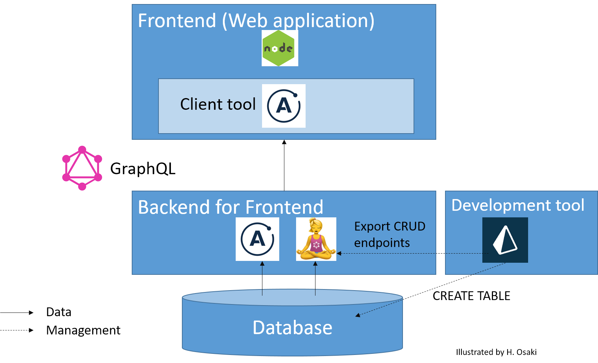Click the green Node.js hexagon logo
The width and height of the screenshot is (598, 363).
tap(280, 48)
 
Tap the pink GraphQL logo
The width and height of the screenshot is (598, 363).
tap(82, 168)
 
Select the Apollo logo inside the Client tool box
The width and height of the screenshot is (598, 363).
tap(284, 106)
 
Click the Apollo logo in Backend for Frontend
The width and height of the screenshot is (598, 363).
tap(257, 239)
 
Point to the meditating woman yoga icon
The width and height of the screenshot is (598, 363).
tap(316, 239)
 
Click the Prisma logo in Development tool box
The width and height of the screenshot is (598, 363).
tap(505, 240)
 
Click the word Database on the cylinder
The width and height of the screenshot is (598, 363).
tap(292, 328)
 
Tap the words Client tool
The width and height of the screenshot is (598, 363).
tap(218, 104)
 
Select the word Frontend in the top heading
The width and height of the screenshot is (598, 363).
tap(177, 20)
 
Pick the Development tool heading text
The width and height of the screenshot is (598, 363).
tap(517, 205)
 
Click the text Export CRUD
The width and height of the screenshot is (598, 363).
tap(389, 227)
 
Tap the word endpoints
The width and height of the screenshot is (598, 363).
tap(382, 243)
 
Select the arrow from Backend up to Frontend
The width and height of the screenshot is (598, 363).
tap(284, 165)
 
